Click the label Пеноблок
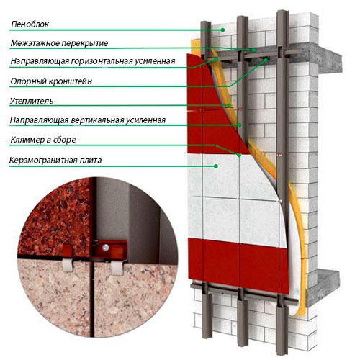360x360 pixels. tap(30, 24)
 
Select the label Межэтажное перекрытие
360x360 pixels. tap(59, 43)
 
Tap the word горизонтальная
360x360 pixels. tap(102, 61)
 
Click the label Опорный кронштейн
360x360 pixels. tap(51, 81)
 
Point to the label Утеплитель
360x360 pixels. tap(32, 101)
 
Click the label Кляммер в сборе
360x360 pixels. tap(43, 140)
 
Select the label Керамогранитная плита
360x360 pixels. tap(55, 160)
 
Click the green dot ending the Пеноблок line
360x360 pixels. tap(222, 30)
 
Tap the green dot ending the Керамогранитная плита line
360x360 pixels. tap(216, 166)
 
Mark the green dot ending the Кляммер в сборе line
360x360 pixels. tap(239, 156)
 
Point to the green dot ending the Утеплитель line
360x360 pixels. tap(229, 105)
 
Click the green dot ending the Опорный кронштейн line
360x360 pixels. tap(266, 60)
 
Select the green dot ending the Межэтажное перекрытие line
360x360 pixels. tap(253, 50)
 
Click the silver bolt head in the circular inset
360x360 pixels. tap(105, 247)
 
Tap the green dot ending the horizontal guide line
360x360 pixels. tap(216, 59)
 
